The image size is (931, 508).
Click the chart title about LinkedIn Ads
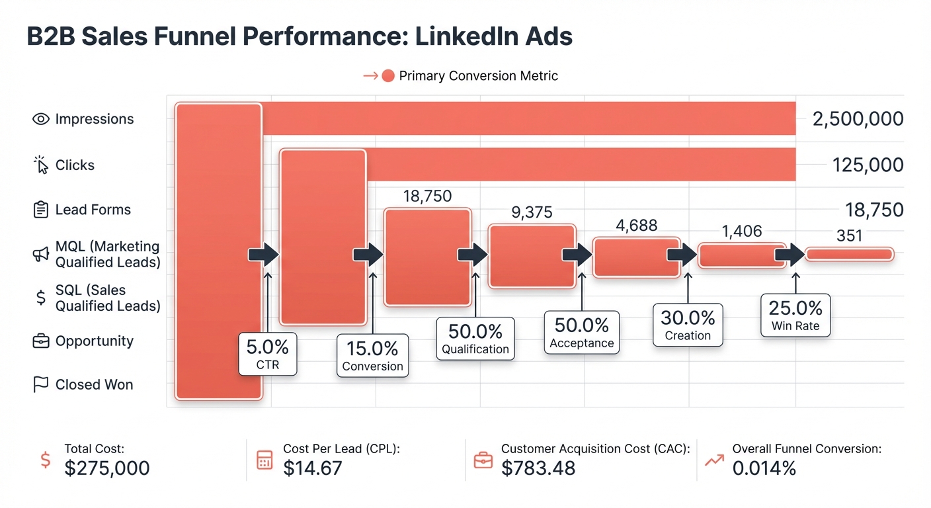pyautogui.click(x=300, y=37)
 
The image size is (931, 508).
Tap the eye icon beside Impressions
pyautogui.click(x=41, y=120)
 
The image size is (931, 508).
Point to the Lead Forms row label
pyautogui.click(x=93, y=210)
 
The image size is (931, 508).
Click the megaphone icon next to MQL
pyautogui.click(x=41, y=255)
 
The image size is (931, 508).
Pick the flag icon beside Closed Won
pyautogui.click(x=41, y=385)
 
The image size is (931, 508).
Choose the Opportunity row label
pyautogui.click(x=94, y=341)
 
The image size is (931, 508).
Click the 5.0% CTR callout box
pyautogui.click(x=267, y=354)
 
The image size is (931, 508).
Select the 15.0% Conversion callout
pyautogui.click(x=372, y=357)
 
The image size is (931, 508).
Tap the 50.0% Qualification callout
pyautogui.click(x=475, y=339)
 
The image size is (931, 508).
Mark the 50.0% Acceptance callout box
pyautogui.click(x=581, y=333)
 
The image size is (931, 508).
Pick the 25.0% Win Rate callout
pyautogui.click(x=795, y=316)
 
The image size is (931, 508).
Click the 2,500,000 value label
pyautogui.click(x=857, y=119)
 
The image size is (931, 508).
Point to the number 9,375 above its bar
pyautogui.click(x=532, y=212)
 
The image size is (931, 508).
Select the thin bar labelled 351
pyautogui.click(x=849, y=254)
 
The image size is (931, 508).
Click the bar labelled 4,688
pyautogui.click(x=636, y=257)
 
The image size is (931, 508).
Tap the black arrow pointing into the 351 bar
pyautogui.click(x=789, y=254)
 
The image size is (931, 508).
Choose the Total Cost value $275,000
pyautogui.click(x=107, y=468)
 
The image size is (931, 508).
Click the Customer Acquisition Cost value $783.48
pyautogui.click(x=538, y=468)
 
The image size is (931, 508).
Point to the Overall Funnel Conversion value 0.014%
pyautogui.click(x=764, y=468)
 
